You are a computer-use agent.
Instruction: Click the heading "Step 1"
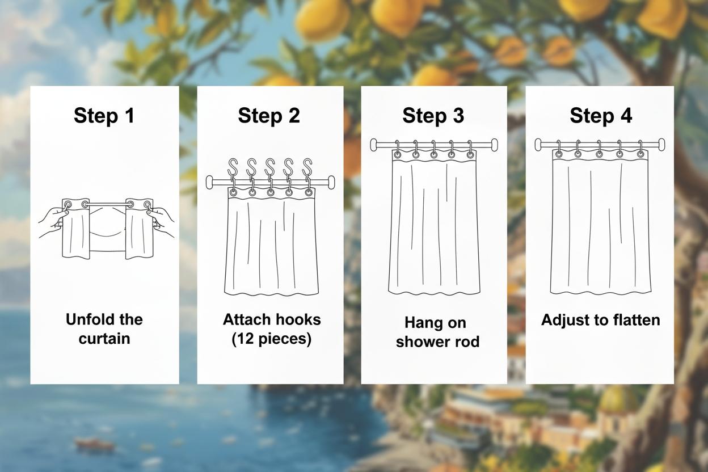pos(104,116)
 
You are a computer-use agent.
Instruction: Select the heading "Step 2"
pos(269,116)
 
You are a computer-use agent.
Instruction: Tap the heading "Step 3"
pos(433,116)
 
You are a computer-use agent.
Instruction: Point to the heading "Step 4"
pos(601,116)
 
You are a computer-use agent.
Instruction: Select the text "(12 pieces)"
pos(271,339)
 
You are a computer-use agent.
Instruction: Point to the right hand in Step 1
pos(162,221)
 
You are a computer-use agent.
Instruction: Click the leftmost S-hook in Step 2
pos(233,168)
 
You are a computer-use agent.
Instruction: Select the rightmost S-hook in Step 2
pos(307,168)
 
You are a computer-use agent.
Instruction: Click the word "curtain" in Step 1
pos(104,339)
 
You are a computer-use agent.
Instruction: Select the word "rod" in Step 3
pos(466,342)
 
